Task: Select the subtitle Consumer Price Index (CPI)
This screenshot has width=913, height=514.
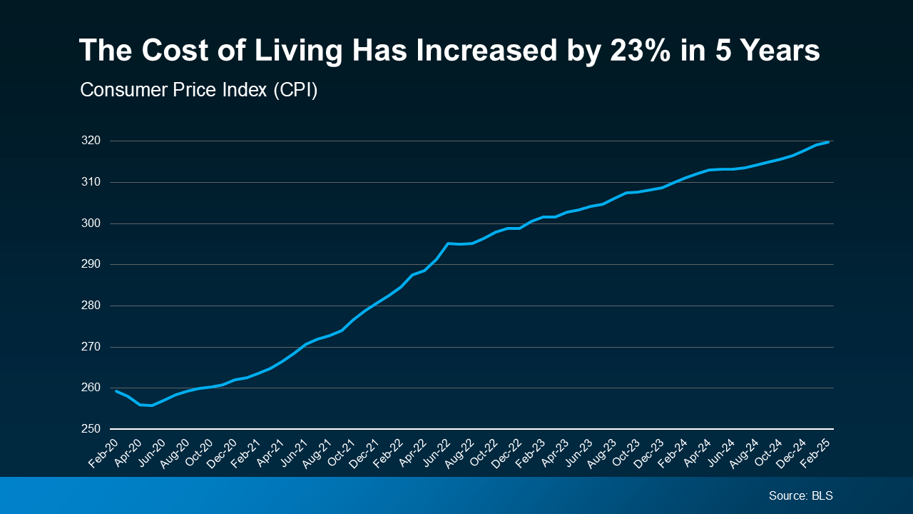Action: (198, 91)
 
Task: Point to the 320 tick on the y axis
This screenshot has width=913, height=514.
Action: (91, 141)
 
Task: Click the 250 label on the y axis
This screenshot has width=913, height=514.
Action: (91, 429)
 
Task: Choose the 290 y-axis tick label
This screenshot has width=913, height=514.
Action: (91, 264)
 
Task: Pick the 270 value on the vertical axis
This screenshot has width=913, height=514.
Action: (91, 347)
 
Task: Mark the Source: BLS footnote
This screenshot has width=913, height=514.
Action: (800, 495)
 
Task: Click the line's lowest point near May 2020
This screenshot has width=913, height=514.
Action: (151, 405)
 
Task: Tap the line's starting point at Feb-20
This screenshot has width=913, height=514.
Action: (116, 390)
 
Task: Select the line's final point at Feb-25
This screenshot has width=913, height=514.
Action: (828, 142)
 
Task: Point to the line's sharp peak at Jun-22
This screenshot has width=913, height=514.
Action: (448, 243)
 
